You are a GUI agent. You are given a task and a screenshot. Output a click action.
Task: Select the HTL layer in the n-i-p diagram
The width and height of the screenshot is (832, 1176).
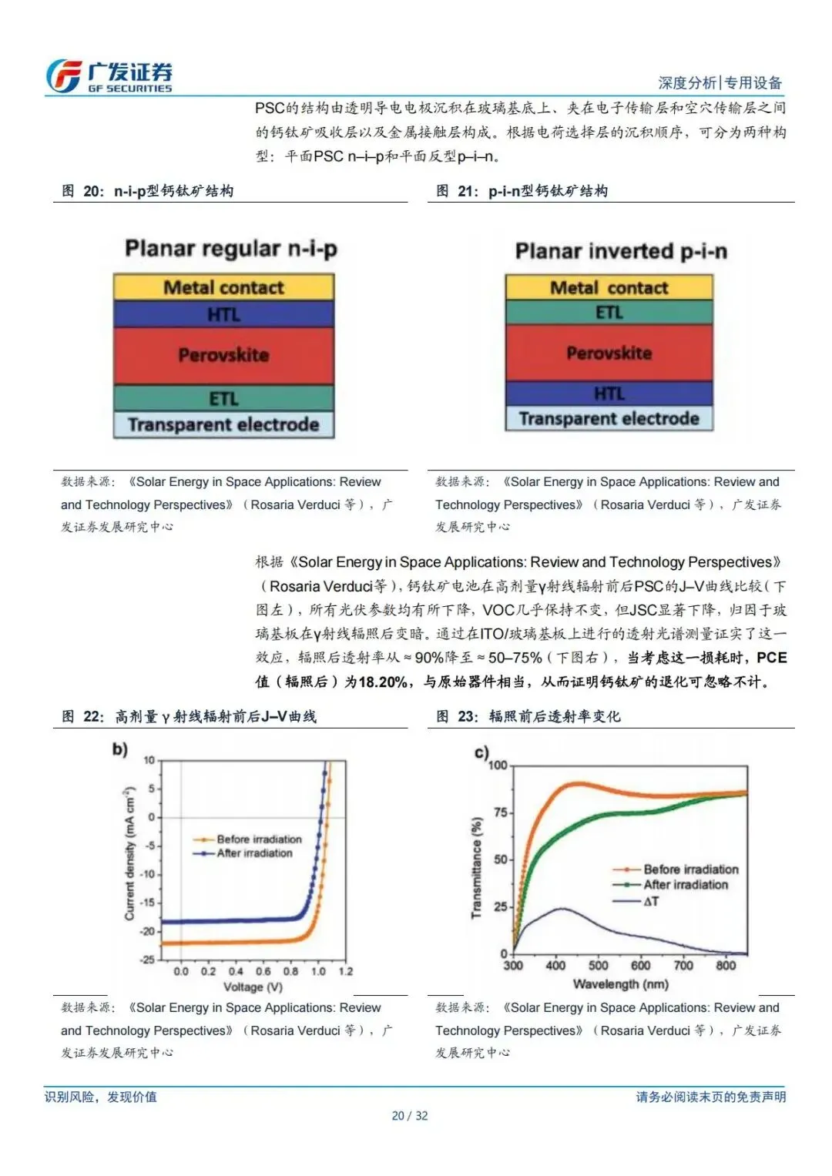coord(223,314)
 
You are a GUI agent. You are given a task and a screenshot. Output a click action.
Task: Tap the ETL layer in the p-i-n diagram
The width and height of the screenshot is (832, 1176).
coord(609,312)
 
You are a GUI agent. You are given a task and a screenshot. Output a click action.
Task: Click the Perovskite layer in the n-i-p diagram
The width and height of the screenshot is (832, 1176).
coord(223,355)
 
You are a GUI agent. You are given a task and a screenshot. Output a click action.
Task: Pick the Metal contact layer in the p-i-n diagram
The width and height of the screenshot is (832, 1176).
coord(609,287)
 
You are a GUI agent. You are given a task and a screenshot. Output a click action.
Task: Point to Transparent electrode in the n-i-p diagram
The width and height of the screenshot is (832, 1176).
coord(223,425)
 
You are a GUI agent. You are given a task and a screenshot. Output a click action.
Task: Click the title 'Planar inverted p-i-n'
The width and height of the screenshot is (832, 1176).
coord(621,251)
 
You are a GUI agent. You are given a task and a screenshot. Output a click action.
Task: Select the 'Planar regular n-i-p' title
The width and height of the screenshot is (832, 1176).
coord(231,249)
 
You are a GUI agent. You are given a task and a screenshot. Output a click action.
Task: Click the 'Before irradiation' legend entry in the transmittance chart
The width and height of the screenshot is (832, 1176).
coord(690,869)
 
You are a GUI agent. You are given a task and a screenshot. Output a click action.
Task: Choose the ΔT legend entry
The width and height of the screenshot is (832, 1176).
coord(651,901)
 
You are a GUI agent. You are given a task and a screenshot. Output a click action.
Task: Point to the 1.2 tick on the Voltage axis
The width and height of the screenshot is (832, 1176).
coord(346,971)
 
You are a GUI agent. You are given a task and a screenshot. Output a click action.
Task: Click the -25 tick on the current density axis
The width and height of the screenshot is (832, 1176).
coord(148,960)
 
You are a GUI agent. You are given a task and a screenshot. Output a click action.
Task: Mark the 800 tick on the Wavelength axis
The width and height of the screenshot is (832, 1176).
coord(726,966)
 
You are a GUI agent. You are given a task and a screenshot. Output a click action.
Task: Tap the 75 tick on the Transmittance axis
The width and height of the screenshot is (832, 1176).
coord(499,812)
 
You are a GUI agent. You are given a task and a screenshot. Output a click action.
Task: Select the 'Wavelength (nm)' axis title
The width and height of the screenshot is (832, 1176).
coord(620,983)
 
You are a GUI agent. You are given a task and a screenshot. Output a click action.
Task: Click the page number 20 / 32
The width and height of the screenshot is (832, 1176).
coord(409,1116)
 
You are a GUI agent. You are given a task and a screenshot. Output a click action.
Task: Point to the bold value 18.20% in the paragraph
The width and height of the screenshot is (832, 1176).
coord(384,682)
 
